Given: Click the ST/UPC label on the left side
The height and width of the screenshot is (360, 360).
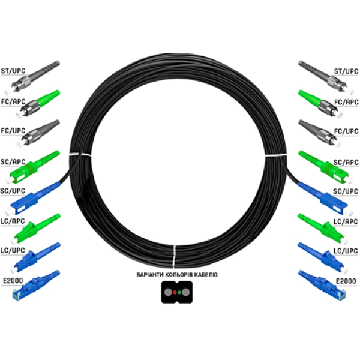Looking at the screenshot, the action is (13, 71).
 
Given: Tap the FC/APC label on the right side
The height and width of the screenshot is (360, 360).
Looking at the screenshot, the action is (346, 102).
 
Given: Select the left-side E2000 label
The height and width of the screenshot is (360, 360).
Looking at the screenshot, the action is (13, 281).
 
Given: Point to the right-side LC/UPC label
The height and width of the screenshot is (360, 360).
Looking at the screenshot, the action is (346, 251).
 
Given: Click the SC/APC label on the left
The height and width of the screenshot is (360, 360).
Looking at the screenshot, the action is (13, 162).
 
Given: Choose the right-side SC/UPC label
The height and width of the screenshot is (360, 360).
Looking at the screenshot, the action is (346, 191).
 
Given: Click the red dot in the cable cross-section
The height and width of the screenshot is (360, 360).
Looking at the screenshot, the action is (175, 292).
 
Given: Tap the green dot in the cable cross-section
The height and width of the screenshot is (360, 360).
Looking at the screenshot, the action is (179, 292).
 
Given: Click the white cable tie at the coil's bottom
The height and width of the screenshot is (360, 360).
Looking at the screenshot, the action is (174, 256).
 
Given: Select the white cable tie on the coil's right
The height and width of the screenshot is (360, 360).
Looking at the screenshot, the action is (276, 155).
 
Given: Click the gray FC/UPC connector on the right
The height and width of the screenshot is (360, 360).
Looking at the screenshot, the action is (320, 133).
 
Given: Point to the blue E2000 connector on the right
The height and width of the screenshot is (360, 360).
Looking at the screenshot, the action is (322, 285).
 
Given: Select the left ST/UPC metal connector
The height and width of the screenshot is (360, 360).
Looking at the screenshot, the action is (32, 77).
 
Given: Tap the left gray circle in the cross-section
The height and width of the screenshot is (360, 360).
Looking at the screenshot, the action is (168, 292).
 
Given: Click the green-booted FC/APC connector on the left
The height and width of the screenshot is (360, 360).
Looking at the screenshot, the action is (38, 104).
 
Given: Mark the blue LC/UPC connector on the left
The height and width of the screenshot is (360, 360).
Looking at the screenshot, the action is (35, 257).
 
